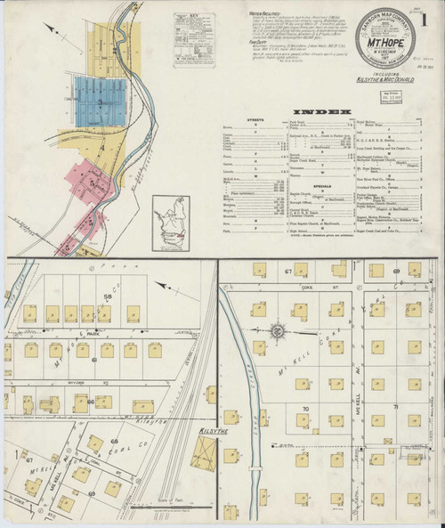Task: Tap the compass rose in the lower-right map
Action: [x=277, y=333]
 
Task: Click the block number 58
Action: [x=107, y=295]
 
